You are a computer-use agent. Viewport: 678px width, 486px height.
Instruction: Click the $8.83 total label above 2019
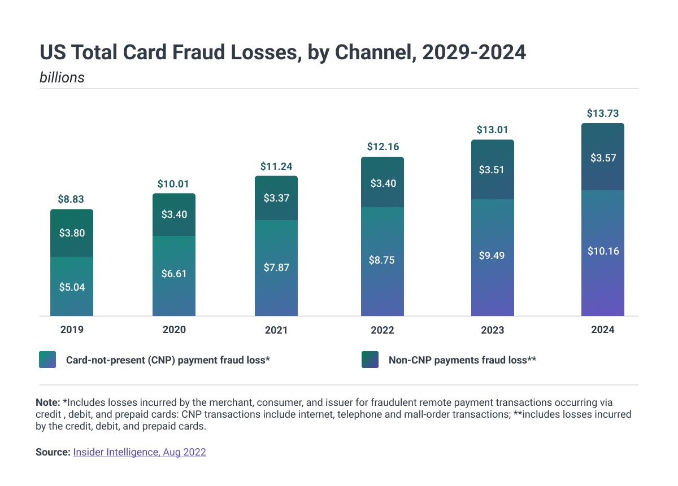(71, 199)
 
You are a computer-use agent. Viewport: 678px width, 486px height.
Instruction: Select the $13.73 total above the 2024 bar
(603, 113)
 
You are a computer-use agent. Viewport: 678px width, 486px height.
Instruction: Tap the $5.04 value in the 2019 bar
(72, 287)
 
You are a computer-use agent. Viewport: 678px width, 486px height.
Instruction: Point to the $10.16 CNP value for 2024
(603, 251)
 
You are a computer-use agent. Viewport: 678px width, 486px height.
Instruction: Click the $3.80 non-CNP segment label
(72, 233)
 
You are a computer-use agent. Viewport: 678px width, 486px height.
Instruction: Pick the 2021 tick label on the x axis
(276, 330)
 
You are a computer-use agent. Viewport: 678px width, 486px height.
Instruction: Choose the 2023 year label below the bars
(493, 330)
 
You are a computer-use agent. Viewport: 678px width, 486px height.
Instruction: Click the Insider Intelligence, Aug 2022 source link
(140, 452)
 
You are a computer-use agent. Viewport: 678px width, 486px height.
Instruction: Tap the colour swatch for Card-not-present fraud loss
(47, 360)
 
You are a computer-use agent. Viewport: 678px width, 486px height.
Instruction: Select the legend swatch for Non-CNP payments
(370, 360)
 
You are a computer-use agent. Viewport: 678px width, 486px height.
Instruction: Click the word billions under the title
(62, 77)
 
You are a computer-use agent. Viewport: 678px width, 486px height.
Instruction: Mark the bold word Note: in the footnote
(48, 402)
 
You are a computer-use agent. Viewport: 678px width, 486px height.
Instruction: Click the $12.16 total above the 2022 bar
(383, 147)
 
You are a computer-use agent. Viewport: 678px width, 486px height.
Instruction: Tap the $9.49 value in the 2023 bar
(492, 256)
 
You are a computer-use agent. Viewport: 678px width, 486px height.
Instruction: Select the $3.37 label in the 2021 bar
(276, 198)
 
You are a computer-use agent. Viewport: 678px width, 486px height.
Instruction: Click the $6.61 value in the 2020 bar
(174, 274)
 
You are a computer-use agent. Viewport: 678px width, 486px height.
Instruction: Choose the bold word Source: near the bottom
(53, 452)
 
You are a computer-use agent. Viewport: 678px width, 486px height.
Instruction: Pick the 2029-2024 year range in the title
(474, 52)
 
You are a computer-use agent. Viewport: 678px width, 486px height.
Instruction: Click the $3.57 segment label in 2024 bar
(603, 158)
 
